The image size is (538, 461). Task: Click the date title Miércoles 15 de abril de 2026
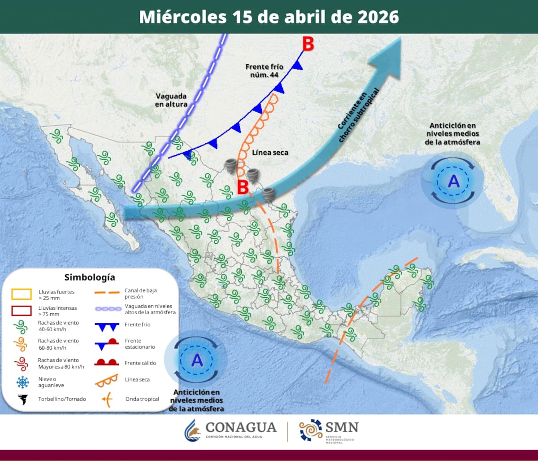click(269, 17)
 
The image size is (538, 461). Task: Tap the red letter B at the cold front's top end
click(308, 44)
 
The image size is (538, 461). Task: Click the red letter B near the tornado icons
click(243, 187)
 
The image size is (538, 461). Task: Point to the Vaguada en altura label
click(172, 100)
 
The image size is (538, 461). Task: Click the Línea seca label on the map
click(270, 153)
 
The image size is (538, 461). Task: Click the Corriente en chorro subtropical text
click(358, 116)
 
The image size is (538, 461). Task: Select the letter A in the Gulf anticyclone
click(454, 181)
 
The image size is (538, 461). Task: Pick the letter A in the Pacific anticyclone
click(196, 360)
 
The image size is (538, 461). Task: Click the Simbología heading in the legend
click(90, 277)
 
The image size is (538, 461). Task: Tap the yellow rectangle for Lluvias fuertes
click(22, 294)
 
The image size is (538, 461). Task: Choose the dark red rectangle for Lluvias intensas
click(22, 311)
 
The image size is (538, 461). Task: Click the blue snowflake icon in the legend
click(22, 382)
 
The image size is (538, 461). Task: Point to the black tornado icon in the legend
click(22, 399)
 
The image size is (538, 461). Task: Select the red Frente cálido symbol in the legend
click(106, 362)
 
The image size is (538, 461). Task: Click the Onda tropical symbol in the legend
click(106, 399)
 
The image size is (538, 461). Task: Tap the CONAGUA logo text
click(240, 428)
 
